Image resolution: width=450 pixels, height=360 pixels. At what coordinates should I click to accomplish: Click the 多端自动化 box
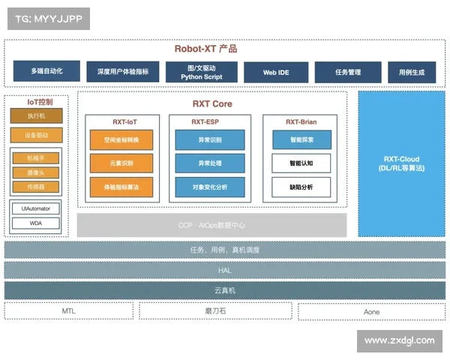[x=47, y=72]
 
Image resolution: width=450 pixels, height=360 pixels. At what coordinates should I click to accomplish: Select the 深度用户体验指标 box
[x=123, y=72]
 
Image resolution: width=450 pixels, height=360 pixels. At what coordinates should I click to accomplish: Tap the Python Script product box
[x=202, y=72]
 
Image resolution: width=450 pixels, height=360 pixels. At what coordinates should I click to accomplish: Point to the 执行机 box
[x=37, y=116]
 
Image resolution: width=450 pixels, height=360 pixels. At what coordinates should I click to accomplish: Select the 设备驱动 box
[x=37, y=136]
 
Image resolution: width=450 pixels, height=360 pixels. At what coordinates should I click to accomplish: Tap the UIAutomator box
[x=36, y=208]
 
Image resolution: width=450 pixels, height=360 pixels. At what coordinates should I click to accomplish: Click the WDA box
[x=36, y=223]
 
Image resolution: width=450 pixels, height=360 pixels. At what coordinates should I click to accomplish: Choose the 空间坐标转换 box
[x=121, y=139]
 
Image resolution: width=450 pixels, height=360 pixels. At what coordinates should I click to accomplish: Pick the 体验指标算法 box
[x=121, y=187]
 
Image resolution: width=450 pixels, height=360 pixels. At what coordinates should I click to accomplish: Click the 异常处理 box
[x=209, y=163]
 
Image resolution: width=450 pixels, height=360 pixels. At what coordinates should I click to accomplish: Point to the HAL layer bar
[x=224, y=270]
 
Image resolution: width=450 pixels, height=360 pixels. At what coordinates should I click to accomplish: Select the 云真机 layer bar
[x=224, y=290]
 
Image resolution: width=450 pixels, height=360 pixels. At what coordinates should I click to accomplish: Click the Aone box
[x=371, y=311]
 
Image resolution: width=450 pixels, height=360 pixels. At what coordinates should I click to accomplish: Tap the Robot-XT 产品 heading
[x=205, y=49]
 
